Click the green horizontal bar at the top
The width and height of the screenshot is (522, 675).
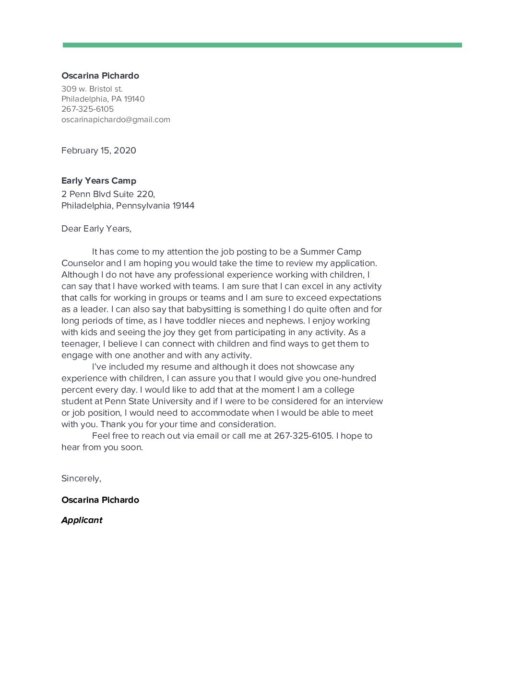(x=262, y=45)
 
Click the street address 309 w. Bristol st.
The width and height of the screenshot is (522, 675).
(x=92, y=89)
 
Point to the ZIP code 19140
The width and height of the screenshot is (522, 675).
(x=134, y=99)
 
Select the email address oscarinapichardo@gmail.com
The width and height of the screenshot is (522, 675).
(x=116, y=119)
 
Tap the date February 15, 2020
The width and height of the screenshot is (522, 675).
(x=99, y=151)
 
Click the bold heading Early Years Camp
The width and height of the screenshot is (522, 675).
(x=99, y=181)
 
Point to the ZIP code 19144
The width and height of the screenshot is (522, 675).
(x=183, y=206)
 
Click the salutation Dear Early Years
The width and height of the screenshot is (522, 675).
(x=96, y=229)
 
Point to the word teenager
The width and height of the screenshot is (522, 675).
(x=80, y=344)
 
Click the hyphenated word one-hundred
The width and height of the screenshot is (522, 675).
(x=349, y=378)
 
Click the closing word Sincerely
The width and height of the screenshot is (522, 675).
(x=81, y=478)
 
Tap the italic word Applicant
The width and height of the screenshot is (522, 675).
(x=82, y=520)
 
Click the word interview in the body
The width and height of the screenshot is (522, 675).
(x=364, y=401)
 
